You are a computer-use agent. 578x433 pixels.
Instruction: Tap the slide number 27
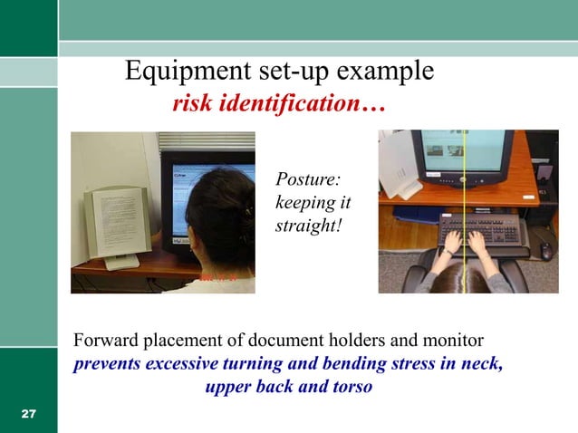(28, 414)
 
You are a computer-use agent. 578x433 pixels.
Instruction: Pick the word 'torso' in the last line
(351, 388)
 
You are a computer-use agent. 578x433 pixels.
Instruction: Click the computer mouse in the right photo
(546, 250)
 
